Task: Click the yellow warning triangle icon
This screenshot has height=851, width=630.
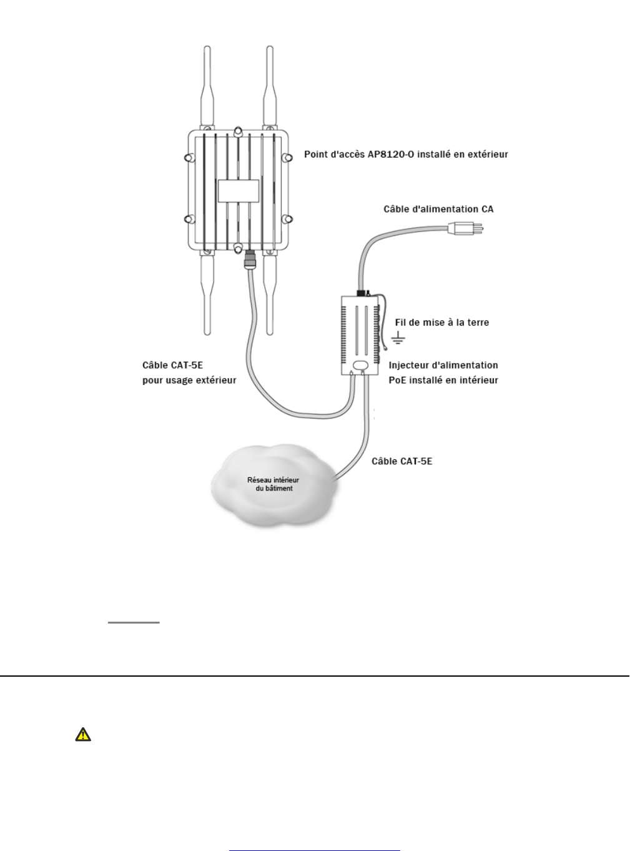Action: (82, 735)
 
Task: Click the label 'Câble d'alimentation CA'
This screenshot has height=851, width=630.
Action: (438, 209)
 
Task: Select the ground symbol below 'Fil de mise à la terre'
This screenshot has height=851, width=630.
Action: (398, 339)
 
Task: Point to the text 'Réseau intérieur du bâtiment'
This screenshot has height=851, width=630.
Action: (273, 484)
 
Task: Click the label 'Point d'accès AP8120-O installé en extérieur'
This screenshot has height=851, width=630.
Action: (406, 154)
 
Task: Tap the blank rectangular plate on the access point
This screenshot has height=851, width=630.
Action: (238, 190)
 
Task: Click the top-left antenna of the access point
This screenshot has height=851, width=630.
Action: (206, 87)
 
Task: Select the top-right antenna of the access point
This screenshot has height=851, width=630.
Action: (270, 87)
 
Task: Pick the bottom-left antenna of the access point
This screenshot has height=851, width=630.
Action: (206, 294)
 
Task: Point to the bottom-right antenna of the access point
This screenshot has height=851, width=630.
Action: (270, 294)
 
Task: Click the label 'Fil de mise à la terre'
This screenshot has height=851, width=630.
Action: (442, 322)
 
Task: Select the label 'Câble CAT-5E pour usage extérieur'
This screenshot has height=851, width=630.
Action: (189, 372)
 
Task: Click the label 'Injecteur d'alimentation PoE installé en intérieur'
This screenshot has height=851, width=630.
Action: (443, 372)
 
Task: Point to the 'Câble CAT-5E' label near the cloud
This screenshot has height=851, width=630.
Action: (402, 462)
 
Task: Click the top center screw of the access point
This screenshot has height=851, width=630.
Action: (238, 132)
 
